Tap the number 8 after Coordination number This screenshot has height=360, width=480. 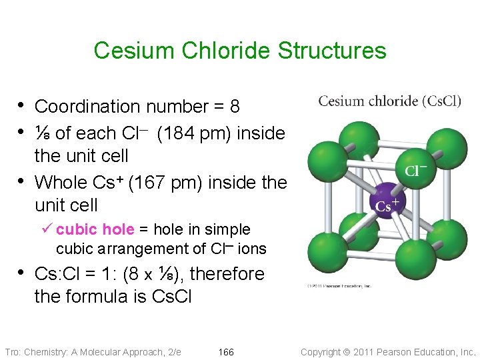point(234,107)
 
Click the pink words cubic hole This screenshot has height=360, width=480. point(95,230)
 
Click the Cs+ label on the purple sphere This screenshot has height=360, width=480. point(387,205)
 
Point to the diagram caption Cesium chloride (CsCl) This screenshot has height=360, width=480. point(389,101)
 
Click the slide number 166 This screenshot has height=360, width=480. point(226,352)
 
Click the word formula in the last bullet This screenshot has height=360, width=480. point(92,297)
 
